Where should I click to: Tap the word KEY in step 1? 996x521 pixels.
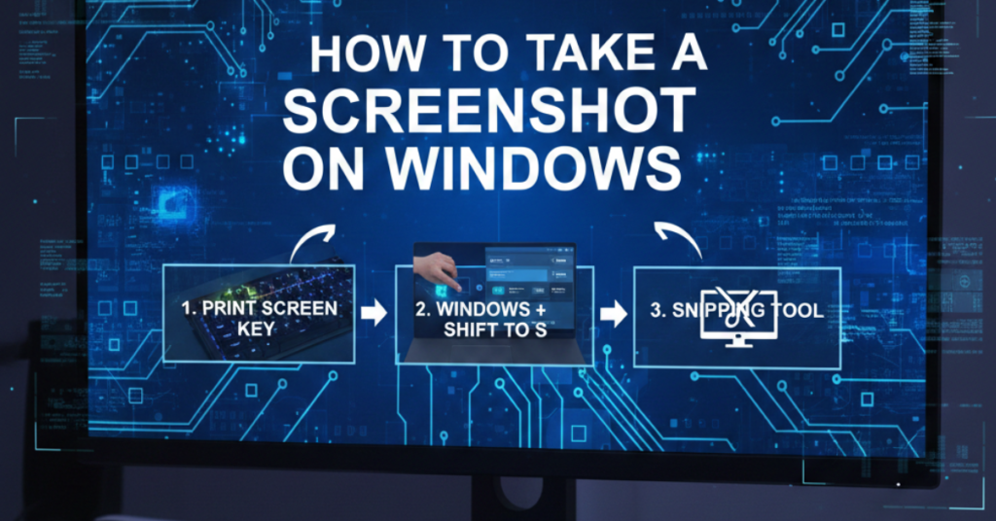[258, 330]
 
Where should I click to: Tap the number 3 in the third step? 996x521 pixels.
[658, 312]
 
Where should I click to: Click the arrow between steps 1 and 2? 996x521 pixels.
[373, 313]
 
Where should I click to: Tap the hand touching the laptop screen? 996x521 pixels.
[437, 268]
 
